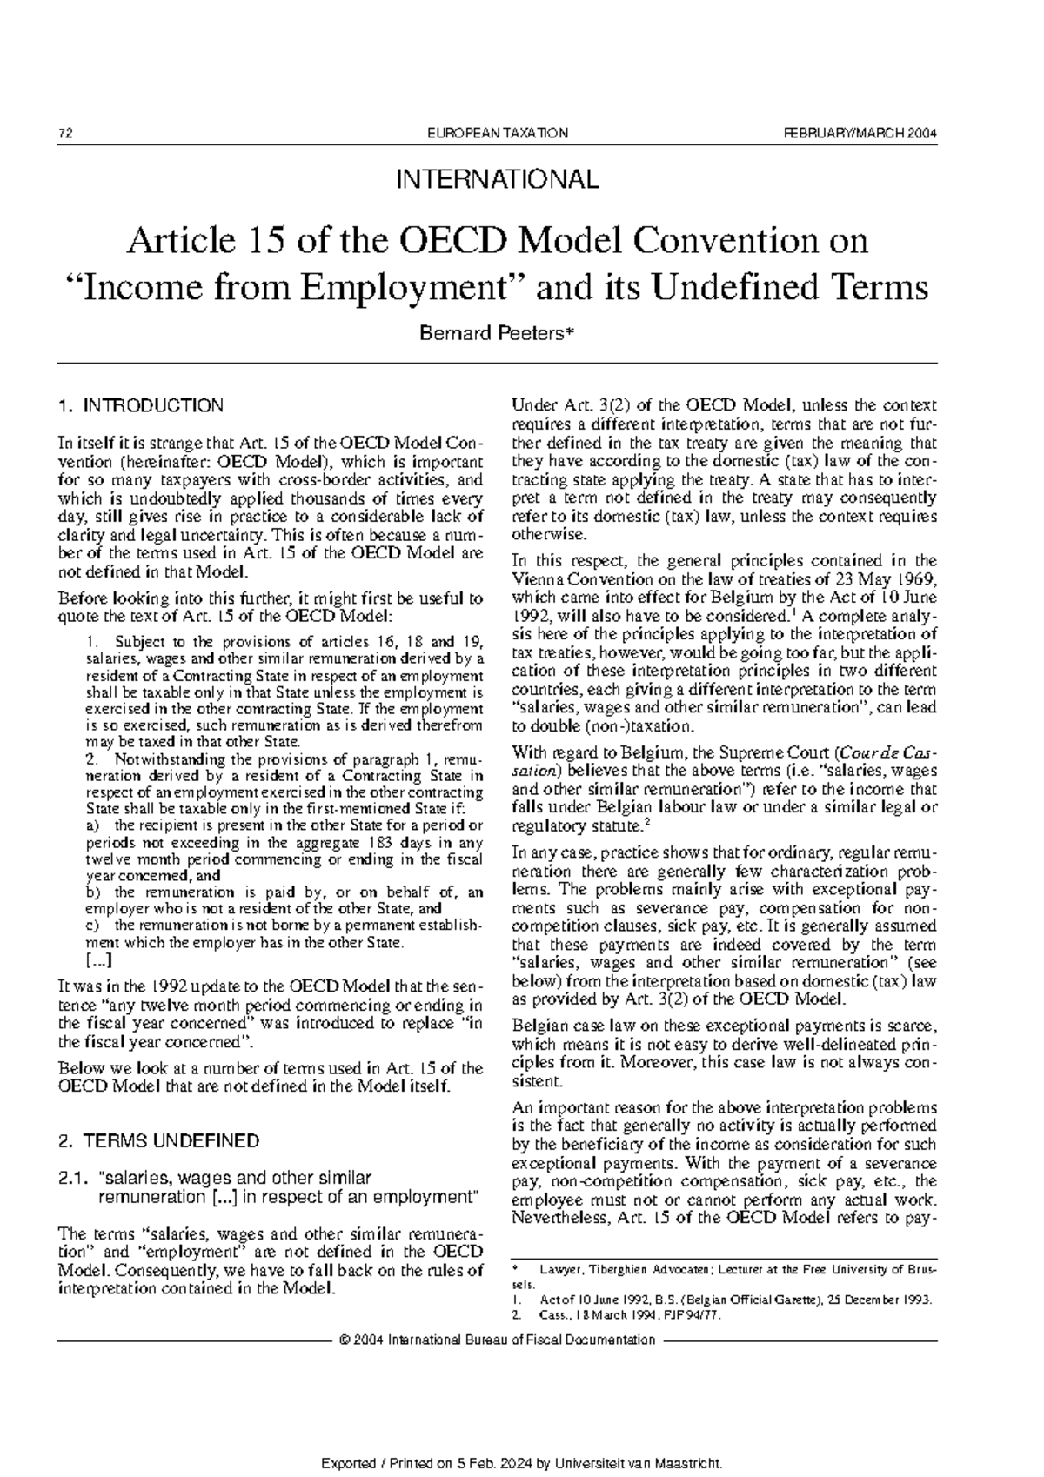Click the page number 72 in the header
(x=64, y=133)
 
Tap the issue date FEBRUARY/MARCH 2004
(x=860, y=133)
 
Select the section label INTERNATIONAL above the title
(x=498, y=180)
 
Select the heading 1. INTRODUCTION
(x=139, y=405)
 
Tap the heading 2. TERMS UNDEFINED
(x=157, y=1140)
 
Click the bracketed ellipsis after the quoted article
(x=99, y=961)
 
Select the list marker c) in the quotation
(x=93, y=926)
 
